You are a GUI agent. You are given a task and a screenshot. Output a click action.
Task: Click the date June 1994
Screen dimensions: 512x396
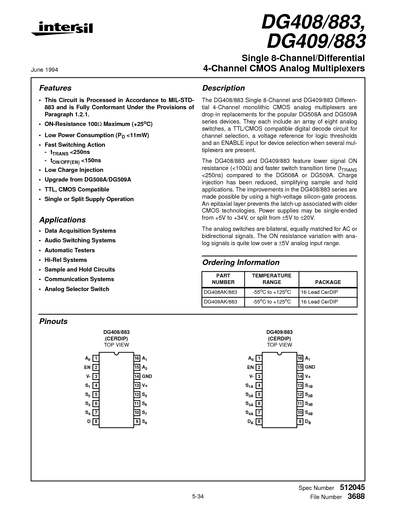[44, 70]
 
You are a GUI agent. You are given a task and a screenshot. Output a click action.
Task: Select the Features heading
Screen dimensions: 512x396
[55, 88]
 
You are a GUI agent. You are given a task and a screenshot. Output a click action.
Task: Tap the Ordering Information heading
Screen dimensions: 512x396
[241, 263]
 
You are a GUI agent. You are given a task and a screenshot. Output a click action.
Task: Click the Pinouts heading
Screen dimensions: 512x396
[53, 321]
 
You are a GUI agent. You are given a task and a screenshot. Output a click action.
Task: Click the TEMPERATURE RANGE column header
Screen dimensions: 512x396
[272, 279]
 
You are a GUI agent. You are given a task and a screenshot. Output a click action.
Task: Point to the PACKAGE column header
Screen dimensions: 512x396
[328, 282]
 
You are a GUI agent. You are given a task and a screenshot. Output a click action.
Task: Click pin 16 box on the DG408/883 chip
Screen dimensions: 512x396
[137, 358]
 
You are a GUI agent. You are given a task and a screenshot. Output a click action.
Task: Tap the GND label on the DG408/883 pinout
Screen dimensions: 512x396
[147, 376]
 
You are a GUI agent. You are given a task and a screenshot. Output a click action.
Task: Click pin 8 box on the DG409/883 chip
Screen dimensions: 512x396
[259, 421]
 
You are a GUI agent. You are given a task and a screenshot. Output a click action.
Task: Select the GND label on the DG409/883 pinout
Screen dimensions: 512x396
[310, 367]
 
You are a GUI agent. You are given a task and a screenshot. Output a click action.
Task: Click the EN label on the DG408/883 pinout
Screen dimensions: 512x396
[87, 367]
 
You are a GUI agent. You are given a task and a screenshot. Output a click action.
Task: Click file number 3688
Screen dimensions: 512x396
[356, 496]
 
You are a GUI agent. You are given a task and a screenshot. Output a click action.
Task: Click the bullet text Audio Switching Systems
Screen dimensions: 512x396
[80, 240]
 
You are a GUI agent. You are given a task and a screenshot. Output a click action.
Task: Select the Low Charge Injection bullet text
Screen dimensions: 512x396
[74, 170]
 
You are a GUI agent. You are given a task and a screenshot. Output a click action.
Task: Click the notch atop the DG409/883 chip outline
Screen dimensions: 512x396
[280, 353]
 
